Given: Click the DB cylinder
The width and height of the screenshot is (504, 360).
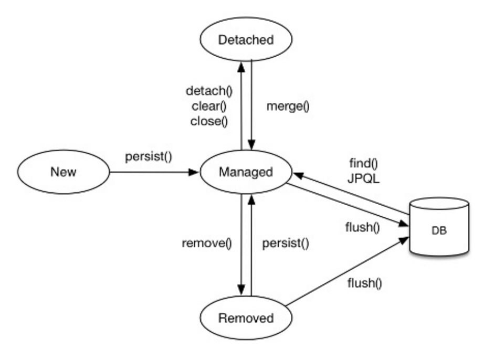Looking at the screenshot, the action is (439, 227).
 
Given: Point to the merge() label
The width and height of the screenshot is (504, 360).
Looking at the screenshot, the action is (288, 106).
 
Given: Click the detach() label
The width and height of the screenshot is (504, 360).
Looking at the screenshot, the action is (209, 91).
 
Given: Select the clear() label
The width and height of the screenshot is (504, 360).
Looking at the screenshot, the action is (209, 106).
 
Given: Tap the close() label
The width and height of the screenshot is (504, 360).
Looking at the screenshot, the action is (209, 121).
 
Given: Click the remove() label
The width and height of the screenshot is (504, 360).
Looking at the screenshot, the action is (207, 243).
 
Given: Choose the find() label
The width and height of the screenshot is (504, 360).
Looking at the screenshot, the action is (363, 163).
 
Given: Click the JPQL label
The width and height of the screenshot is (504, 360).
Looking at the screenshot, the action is (363, 178).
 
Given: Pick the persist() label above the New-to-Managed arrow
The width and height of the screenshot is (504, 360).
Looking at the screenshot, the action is (149, 157).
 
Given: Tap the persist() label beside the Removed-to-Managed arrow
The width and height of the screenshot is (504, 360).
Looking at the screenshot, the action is (286, 243).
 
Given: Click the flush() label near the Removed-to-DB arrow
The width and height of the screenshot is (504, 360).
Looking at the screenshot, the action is (365, 283).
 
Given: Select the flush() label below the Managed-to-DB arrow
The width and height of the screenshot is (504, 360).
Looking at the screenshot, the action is (363, 227).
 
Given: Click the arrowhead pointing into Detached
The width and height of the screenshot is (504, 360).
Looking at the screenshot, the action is (241, 67).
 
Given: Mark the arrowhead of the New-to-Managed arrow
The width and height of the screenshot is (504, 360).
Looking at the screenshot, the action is (194, 172).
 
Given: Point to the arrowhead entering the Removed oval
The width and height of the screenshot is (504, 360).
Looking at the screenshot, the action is (241, 290).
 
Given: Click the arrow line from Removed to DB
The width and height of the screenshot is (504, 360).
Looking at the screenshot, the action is (347, 271).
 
